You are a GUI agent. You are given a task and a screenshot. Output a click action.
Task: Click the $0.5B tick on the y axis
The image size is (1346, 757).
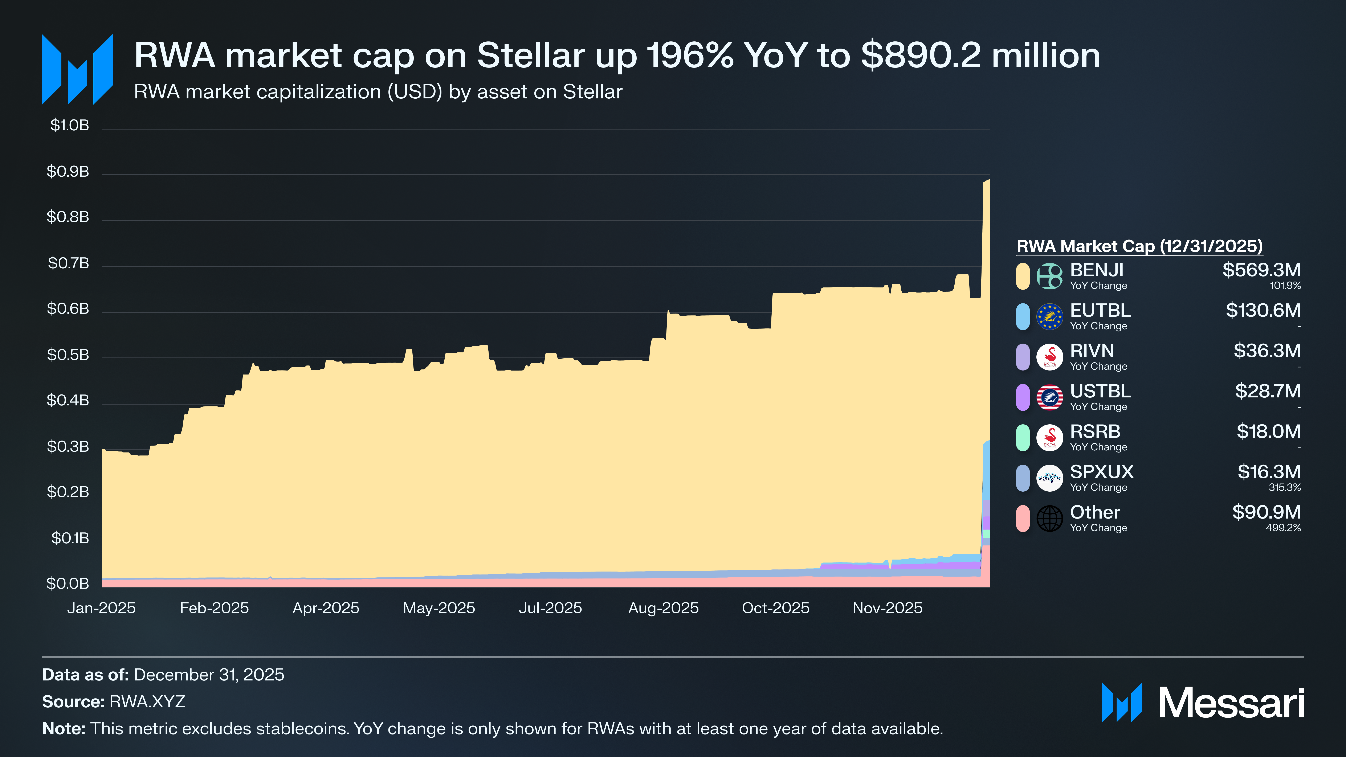coord(68,355)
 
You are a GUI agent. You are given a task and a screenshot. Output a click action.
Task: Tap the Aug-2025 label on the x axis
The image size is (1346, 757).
coord(663,608)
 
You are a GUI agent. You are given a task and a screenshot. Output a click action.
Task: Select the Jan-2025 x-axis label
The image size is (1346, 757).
coord(101,608)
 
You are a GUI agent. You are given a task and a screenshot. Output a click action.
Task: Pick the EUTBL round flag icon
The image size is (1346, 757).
coord(1049,317)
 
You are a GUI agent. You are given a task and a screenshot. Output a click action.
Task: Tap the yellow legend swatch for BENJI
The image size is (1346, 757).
coord(1023,276)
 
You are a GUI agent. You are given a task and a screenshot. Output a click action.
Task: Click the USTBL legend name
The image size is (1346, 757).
coord(1100,391)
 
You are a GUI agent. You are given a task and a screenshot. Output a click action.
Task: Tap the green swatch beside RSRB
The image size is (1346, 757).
coord(1023,438)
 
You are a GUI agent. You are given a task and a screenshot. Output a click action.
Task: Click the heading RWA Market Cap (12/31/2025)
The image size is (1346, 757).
coord(1139,246)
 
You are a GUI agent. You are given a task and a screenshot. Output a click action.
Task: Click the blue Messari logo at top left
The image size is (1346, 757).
coord(77,69)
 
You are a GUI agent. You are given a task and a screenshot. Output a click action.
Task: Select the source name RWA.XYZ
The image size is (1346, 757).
coord(147,702)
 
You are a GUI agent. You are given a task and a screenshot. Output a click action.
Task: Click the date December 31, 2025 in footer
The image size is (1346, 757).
coord(209,675)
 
